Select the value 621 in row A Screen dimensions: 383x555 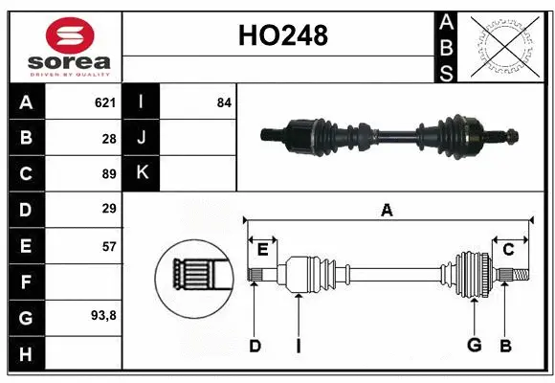(104, 102)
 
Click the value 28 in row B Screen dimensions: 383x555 (108, 138)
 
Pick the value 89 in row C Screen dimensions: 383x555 (108, 173)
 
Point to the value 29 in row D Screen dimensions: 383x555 (108, 209)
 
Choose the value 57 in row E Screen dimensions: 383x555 (108, 246)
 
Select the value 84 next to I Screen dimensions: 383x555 (224, 102)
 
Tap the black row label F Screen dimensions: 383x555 (26, 282)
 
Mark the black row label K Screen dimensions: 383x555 (142, 173)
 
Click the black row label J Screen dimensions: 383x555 (142, 138)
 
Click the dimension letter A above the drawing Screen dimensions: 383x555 (387, 211)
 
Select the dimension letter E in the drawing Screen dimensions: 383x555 (262, 249)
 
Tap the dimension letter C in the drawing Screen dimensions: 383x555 (508, 249)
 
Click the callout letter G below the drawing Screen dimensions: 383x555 (474, 346)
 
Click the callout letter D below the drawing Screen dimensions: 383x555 (255, 346)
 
